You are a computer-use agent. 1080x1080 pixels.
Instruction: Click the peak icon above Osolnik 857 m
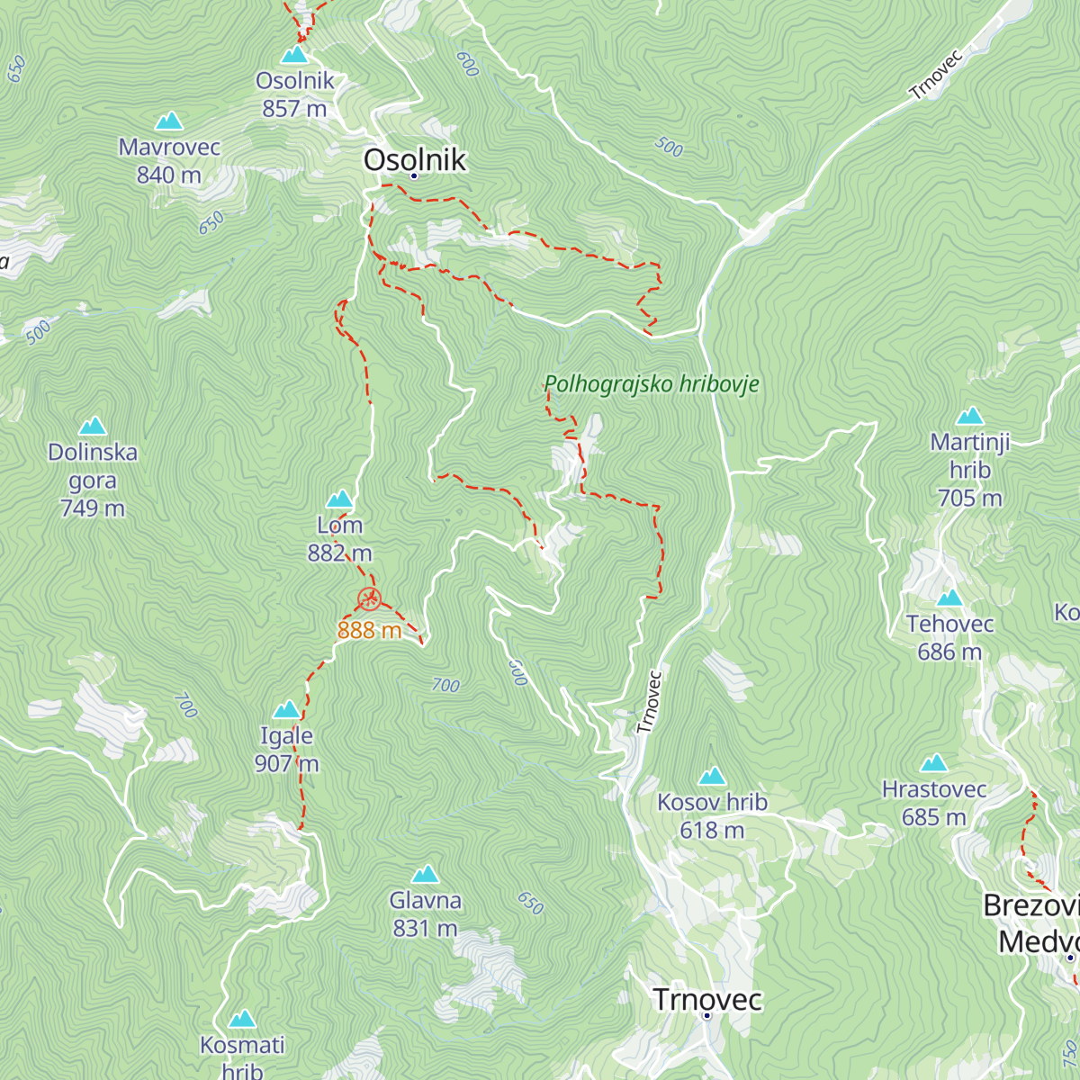pos(294,55)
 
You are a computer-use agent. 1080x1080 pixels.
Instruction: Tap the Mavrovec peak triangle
pos(168,121)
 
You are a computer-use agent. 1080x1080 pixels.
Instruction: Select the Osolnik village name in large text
pos(415,159)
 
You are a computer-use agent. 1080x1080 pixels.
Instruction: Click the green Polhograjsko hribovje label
pos(652,384)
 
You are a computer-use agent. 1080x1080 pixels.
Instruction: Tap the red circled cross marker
pos(369,598)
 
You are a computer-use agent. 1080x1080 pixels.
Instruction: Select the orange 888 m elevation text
pos(369,630)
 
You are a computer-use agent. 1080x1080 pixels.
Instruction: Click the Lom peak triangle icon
pos(339,499)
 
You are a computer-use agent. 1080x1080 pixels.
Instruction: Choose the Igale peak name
pos(286,735)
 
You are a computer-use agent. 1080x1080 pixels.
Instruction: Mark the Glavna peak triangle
pos(425,875)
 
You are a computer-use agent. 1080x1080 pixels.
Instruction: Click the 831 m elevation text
pos(425,928)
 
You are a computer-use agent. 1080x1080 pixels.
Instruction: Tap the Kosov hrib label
pos(712,802)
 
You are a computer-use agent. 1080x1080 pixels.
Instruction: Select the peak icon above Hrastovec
pos(934,764)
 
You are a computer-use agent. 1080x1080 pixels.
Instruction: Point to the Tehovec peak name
pos(949,624)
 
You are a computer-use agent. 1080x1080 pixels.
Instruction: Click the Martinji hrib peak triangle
pos(969,416)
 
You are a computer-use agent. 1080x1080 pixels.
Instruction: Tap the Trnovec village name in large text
pos(707,999)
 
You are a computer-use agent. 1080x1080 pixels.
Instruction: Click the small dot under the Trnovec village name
pos(707,1016)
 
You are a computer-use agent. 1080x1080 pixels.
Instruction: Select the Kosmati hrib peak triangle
pos(242,1020)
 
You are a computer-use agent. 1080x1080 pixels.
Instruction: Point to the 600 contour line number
pos(467,64)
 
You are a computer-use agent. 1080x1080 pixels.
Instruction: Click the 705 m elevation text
pos(969,498)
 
